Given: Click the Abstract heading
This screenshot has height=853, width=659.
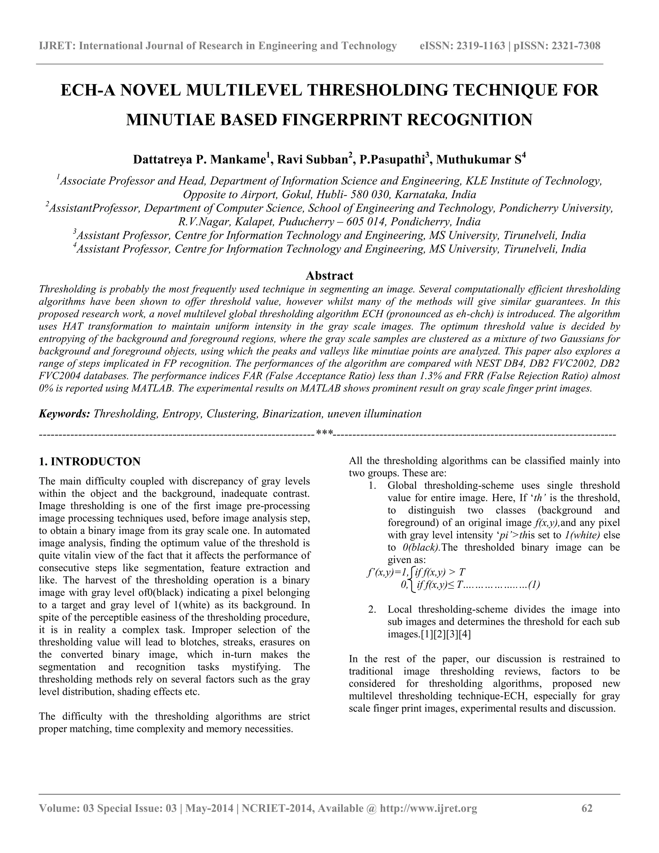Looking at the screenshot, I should point(329,276).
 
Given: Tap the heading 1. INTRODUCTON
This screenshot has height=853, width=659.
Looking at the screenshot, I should point(90,462).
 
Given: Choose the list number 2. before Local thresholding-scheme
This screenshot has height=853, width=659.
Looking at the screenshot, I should point(372,610).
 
